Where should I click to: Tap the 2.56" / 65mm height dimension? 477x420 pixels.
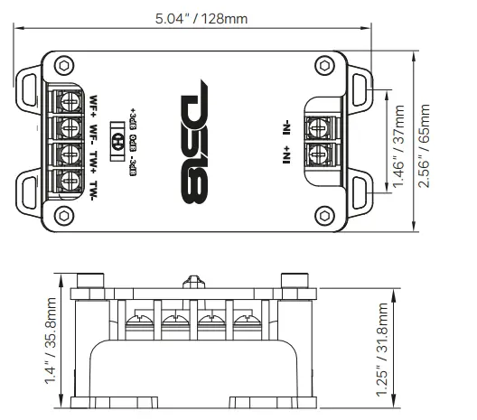pos(426,135)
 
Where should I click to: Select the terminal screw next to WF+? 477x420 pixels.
pos(68,98)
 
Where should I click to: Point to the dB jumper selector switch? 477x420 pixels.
pos(117,142)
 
